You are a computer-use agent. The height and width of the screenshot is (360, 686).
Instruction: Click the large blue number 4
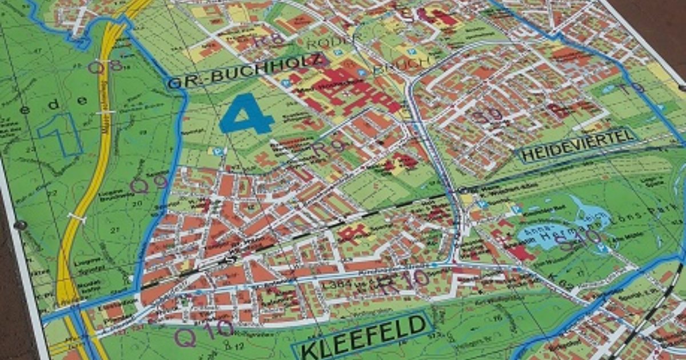tap(247, 114)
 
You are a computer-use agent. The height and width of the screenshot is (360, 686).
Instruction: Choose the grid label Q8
tap(106, 66)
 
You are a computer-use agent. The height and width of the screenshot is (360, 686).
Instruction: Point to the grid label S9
tap(488, 116)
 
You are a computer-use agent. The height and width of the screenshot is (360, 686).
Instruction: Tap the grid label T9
tap(632, 89)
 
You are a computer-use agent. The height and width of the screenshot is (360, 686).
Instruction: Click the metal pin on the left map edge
tap(21, 225)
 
